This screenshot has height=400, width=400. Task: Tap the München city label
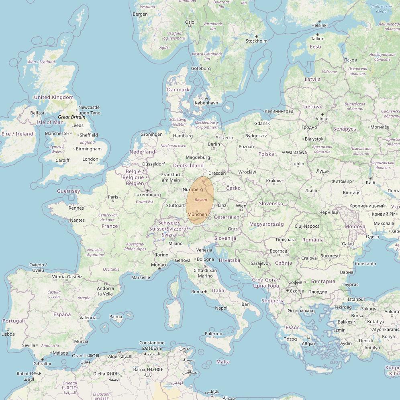coord(197,214)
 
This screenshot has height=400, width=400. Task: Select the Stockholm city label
coord(256,41)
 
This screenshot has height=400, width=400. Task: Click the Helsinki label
coord(319,25)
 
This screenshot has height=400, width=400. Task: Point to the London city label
coord(90,159)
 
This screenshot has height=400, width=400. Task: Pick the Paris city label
coord(113,197)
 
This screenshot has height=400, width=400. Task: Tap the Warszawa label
coord(296,153)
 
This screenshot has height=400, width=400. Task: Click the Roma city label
coord(197,292)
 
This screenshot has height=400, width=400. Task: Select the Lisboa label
coord(8,334)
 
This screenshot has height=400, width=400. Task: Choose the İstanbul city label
coord(356,300)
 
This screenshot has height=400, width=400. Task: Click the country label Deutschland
coord(188,165)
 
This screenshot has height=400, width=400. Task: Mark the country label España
coord(62,314)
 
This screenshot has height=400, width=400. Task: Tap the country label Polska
coord(266,154)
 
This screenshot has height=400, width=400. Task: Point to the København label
coord(206,103)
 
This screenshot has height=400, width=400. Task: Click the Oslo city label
coord(190,22)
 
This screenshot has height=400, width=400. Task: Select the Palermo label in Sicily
coord(213,334)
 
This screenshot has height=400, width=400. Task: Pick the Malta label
coord(223,362)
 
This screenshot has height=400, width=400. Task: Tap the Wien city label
coord(241,206)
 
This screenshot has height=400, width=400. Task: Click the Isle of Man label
coord(50,122)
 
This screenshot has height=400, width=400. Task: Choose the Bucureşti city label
coord(330,256)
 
